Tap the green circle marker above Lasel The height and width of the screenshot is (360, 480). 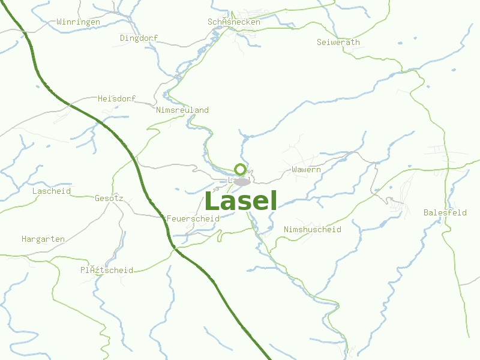click(x=240, y=169)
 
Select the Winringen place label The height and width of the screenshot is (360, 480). click(x=78, y=22)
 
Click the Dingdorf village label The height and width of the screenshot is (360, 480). click(x=139, y=38)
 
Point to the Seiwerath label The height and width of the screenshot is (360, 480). click(x=338, y=42)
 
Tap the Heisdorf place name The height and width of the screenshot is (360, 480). click(x=116, y=98)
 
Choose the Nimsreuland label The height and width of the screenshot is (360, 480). click(x=182, y=110)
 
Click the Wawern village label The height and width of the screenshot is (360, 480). click(x=306, y=170)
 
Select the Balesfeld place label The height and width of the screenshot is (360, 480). click(x=445, y=212)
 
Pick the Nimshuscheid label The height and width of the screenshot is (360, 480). click(x=312, y=229)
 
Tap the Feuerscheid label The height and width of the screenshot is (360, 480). click(x=193, y=218)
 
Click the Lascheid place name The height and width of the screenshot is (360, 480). click(x=51, y=191)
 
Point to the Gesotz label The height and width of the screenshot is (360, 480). click(x=109, y=197)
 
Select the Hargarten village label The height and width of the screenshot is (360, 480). click(x=43, y=239)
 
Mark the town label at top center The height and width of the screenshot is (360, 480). click(x=234, y=22)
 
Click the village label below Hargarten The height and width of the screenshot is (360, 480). click(x=107, y=270)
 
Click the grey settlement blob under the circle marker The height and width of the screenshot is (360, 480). click(x=242, y=181)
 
